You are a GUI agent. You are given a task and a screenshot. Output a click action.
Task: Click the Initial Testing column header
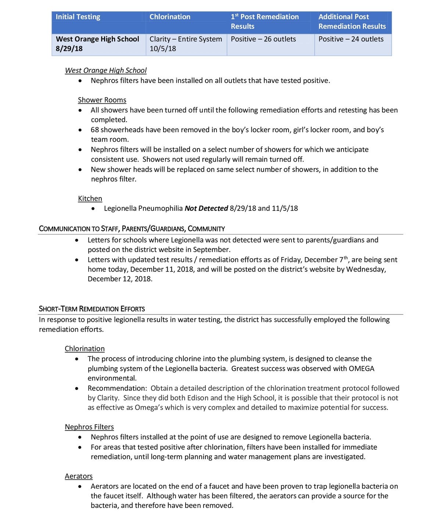click(x=78, y=17)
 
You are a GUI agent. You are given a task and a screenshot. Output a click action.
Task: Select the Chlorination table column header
click(x=170, y=17)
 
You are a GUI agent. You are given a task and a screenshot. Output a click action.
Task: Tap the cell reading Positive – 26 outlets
click(x=263, y=39)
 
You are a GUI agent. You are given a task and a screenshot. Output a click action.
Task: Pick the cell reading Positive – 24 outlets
click(x=351, y=39)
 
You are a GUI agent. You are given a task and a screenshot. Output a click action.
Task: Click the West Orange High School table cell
click(x=97, y=39)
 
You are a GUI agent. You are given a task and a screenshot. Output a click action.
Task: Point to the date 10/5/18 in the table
click(x=163, y=48)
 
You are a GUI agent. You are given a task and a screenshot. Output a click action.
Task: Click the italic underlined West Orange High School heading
click(x=106, y=71)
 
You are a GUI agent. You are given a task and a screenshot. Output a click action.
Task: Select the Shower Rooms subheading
click(x=102, y=100)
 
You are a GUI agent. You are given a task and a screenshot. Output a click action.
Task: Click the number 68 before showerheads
click(x=95, y=130)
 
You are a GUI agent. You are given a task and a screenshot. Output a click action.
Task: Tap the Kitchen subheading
click(x=90, y=199)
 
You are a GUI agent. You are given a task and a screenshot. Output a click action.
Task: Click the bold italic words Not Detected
click(x=206, y=209)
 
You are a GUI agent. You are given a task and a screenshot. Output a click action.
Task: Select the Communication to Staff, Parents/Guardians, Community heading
click(x=132, y=229)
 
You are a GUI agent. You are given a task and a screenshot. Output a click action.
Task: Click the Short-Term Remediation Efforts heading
click(x=92, y=309)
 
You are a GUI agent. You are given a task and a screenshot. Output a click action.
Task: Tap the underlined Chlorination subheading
click(x=85, y=349)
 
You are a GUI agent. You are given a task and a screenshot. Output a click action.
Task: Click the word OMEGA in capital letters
click(x=361, y=369)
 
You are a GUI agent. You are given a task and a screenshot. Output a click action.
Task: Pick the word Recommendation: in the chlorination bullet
click(x=117, y=388)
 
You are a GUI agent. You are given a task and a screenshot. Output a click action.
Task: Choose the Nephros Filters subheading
click(x=89, y=427)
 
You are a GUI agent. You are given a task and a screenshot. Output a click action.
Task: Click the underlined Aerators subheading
click(x=79, y=476)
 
